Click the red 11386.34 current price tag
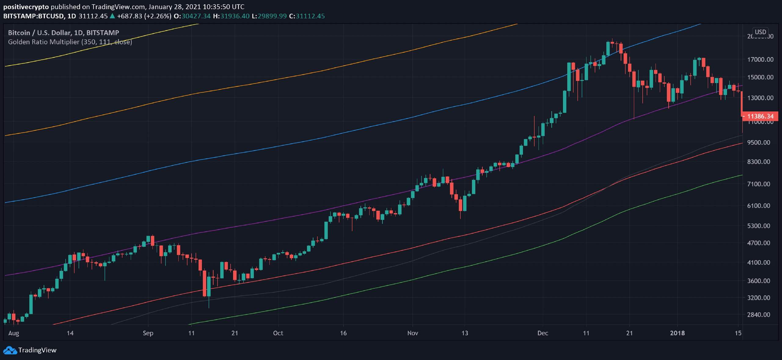(760, 116)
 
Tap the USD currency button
(760, 32)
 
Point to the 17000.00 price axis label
(760, 59)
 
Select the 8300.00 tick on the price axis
(760, 162)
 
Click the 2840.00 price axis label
(760, 315)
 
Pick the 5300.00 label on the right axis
(760, 226)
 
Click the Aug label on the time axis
(14, 333)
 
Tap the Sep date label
(148, 333)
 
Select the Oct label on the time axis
(278, 333)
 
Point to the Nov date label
(412, 333)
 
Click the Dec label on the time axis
(543, 333)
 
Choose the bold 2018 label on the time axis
(677, 333)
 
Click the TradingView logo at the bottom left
(30, 350)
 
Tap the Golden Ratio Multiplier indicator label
(70, 42)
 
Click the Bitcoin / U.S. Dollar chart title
(64, 33)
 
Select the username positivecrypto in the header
(26, 7)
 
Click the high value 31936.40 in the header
(235, 16)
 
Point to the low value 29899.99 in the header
(272, 16)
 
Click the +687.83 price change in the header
(130, 16)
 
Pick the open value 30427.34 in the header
(196, 16)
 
